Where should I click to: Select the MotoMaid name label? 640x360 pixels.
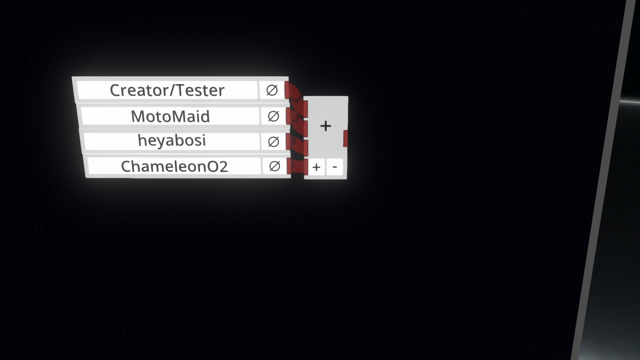tap(170, 116)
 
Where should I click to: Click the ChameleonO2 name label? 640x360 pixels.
tap(174, 166)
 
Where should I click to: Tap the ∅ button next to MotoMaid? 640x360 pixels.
tap(273, 116)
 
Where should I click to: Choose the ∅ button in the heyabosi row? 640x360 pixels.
tap(273, 142)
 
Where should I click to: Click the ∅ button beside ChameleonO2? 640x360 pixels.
tap(274, 166)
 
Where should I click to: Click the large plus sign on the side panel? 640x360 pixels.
tap(326, 126)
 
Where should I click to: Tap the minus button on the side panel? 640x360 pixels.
tap(335, 167)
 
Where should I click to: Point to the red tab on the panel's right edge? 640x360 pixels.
tap(346, 138)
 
